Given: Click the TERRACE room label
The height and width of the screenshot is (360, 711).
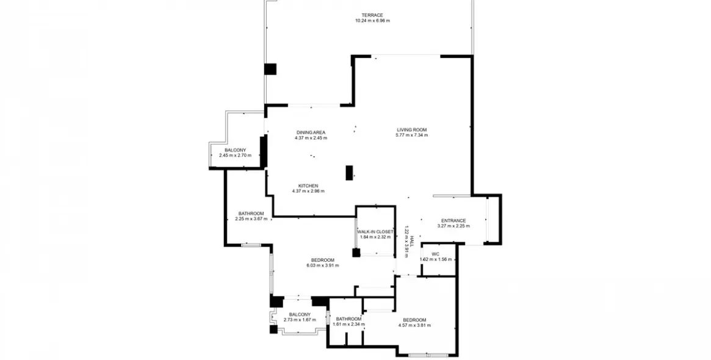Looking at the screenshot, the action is click(372, 15).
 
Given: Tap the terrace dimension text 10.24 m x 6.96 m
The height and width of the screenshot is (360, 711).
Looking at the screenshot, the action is click(372, 21).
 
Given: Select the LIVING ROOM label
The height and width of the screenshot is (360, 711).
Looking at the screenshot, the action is click(412, 130).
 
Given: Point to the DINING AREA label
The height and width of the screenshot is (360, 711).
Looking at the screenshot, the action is click(311, 132).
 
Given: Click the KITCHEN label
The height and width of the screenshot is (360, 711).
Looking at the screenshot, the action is click(308, 186).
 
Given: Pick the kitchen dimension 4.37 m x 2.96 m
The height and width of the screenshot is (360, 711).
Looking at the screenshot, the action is click(308, 192).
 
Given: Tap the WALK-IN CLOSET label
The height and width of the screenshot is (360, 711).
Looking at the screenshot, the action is click(375, 232).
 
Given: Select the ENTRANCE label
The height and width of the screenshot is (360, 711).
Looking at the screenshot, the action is click(453, 221).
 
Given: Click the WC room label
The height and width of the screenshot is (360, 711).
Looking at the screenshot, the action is click(435, 254).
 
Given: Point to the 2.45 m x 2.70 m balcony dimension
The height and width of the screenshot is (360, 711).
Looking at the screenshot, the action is click(235, 155).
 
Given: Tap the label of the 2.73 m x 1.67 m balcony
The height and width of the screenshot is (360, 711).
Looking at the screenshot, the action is click(300, 315).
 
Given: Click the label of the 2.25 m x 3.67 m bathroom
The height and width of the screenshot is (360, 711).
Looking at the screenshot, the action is click(251, 214).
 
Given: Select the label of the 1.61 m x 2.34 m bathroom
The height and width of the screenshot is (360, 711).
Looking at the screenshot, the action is click(348, 319).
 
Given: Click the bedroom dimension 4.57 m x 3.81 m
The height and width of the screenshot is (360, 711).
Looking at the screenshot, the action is click(414, 325).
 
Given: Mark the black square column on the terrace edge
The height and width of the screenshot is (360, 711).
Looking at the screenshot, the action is click(270, 69).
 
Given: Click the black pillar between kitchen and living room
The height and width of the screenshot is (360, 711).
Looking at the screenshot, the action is click(349, 173).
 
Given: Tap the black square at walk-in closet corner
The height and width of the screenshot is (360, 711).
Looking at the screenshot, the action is click(356, 253).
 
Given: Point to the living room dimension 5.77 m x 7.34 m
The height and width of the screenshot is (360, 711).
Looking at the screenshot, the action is click(412, 135).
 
